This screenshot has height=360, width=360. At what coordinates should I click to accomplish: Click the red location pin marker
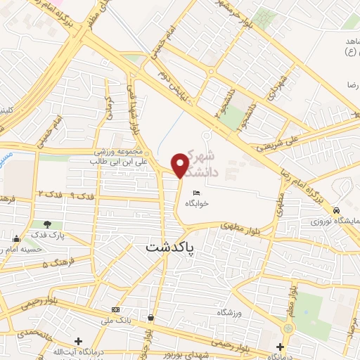(181, 166)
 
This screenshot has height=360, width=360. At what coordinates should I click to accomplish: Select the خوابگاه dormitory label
(198, 203)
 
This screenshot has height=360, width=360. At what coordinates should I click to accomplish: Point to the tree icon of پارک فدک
(48, 225)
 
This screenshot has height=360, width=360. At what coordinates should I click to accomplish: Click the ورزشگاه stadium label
(233, 311)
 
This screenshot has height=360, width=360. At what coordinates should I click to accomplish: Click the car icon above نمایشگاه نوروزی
(337, 210)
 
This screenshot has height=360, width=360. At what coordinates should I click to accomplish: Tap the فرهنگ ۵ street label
(54, 264)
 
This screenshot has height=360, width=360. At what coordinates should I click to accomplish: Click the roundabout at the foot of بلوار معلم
(287, 328)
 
